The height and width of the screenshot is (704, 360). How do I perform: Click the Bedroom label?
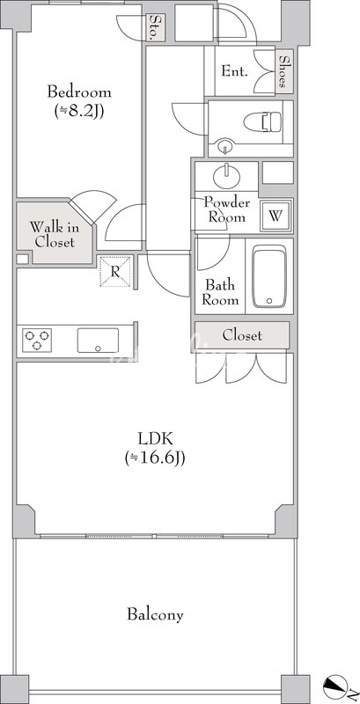click(79, 92)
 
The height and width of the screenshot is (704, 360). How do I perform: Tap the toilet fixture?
click(263, 121)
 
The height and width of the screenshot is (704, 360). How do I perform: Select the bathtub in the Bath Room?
click(268, 276)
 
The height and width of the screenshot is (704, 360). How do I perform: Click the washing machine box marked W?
click(276, 216)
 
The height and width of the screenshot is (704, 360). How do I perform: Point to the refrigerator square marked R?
click(115, 271)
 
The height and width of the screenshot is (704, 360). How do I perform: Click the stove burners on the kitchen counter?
click(37, 340)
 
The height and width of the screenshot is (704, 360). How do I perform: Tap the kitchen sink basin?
click(98, 341)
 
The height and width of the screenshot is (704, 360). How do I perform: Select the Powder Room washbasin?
click(226, 176)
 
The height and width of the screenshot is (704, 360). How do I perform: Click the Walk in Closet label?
click(55, 234)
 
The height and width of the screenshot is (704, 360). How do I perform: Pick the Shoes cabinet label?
click(283, 71)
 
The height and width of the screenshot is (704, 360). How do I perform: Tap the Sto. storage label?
click(156, 28)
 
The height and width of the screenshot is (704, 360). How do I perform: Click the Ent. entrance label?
click(234, 71)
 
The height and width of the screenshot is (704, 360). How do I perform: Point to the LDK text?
click(155, 436)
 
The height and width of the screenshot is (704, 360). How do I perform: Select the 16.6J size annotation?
click(155, 458)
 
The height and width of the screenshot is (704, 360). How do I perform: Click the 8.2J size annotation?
click(79, 111)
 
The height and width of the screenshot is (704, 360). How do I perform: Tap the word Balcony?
click(155, 614)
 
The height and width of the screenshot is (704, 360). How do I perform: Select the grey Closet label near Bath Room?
click(242, 335)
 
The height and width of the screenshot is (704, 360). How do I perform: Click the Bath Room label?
click(220, 292)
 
